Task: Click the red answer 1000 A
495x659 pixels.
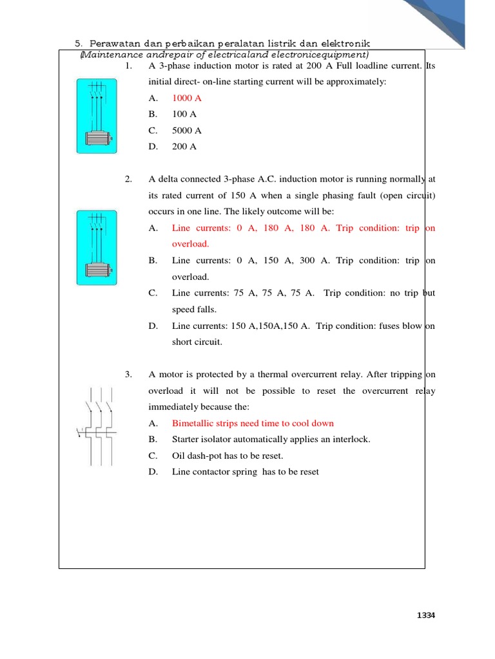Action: click(x=187, y=98)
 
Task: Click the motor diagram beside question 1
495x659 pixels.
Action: click(x=96, y=116)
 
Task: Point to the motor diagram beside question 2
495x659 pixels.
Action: click(x=96, y=247)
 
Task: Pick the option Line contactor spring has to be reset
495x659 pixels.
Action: click(x=245, y=472)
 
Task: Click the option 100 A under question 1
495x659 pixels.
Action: click(x=184, y=114)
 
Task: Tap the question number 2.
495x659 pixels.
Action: click(x=128, y=180)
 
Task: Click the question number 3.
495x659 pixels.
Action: click(x=128, y=374)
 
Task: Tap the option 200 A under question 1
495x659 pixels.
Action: click(x=184, y=146)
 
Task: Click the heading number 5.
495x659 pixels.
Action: click(x=79, y=43)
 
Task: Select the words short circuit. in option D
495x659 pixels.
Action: click(x=197, y=342)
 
